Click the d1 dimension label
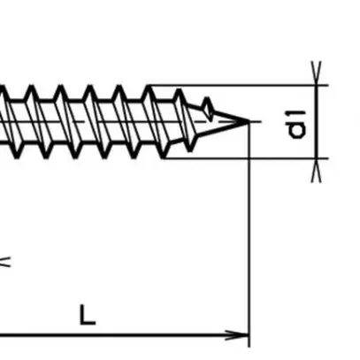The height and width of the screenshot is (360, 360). click(298, 124)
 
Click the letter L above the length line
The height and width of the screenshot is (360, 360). click(86, 314)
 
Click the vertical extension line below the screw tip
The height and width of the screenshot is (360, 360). click(250, 230)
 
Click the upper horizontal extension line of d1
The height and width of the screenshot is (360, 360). click(239, 86)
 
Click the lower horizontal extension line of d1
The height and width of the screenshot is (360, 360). click(248, 158)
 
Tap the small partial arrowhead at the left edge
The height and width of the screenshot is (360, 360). click(4, 260)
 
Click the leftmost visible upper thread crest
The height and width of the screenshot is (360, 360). click(4, 88)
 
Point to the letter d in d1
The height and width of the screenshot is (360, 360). click(298, 130)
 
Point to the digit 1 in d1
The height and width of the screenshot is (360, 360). click(298, 115)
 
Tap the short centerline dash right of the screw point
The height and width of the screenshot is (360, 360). click(257, 121)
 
